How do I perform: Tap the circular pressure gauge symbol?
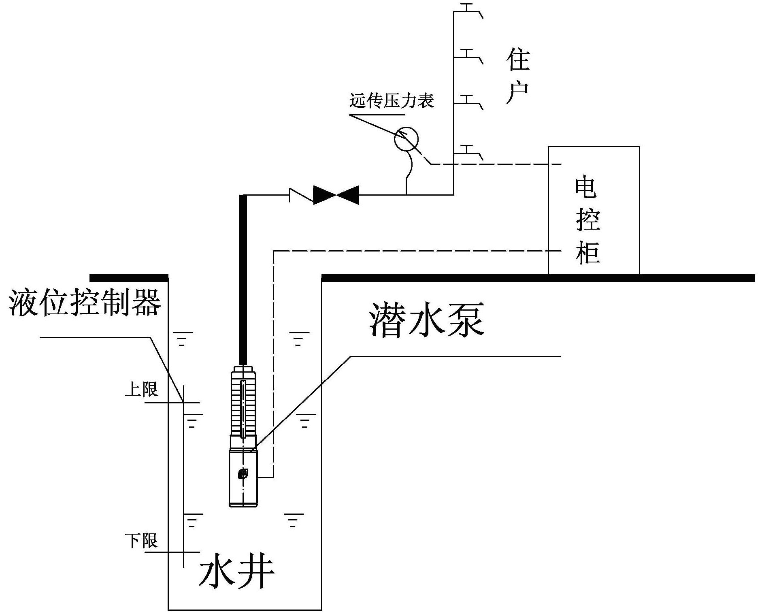tap(406, 139)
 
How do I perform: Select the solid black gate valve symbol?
tap(336, 195)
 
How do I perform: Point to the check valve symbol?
tap(301, 195)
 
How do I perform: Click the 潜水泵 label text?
tap(427, 319)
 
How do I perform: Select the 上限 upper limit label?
tap(141, 390)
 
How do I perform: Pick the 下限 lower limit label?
tap(141, 541)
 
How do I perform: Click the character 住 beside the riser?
tap(518, 60)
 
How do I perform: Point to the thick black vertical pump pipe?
tap(243, 279)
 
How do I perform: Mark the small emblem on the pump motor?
tap(243, 473)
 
